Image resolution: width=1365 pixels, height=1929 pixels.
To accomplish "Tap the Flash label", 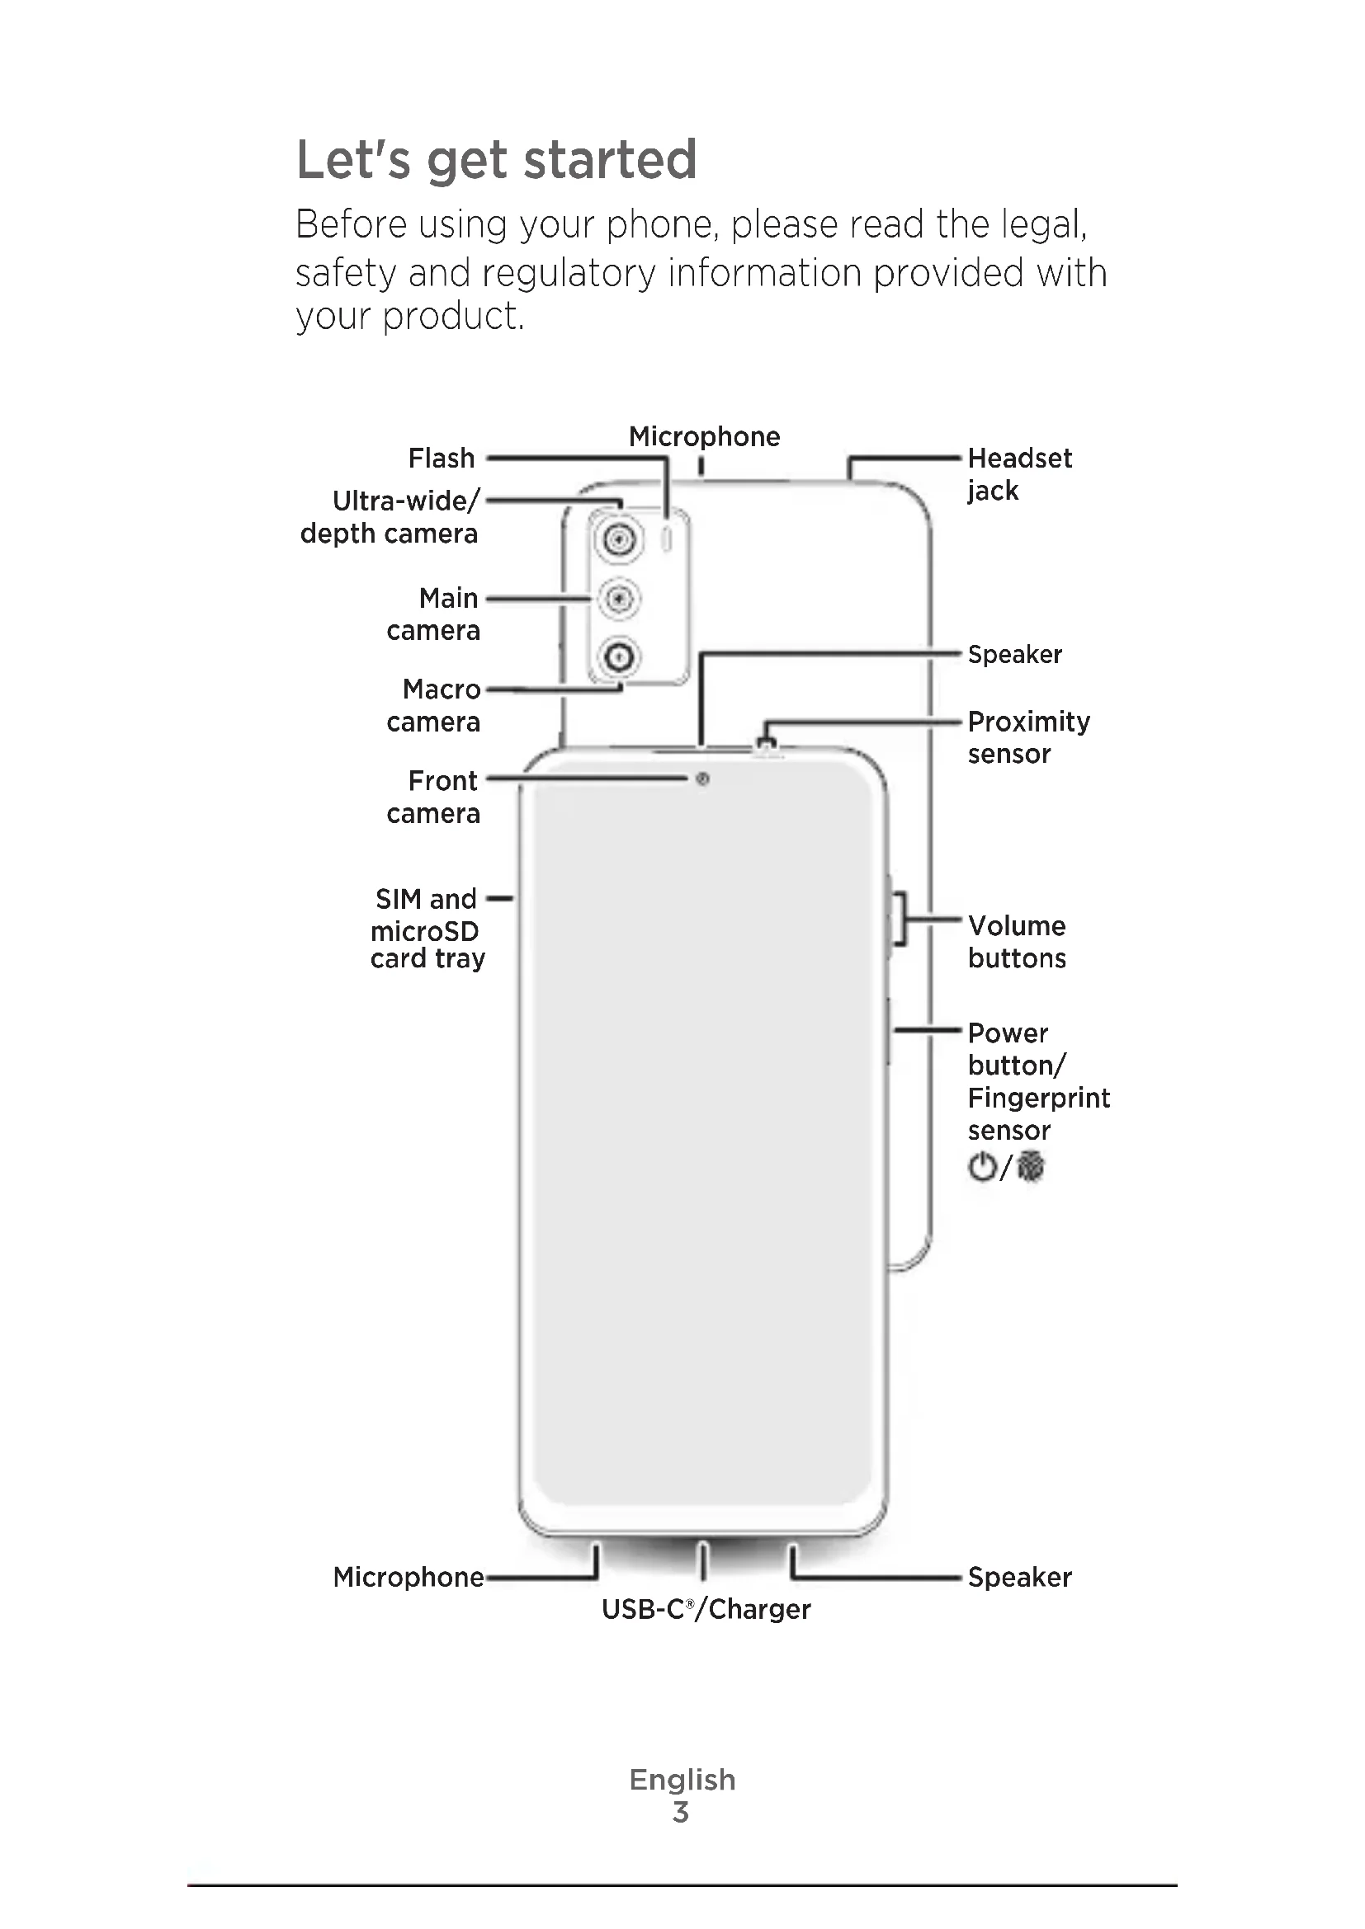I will [x=442, y=459].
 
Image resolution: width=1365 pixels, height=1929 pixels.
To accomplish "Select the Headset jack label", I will [x=1018, y=474].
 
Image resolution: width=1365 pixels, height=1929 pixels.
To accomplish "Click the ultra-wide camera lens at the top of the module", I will [x=620, y=539].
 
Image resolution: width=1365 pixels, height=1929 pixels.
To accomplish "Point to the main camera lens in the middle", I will [x=620, y=599].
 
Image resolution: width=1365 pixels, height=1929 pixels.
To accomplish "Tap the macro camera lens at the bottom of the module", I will [x=620, y=656].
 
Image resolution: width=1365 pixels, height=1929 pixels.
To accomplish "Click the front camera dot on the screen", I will [x=702, y=779].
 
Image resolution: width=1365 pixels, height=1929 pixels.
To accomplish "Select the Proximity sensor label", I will [x=1028, y=736].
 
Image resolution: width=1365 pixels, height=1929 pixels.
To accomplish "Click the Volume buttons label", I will [x=1016, y=942].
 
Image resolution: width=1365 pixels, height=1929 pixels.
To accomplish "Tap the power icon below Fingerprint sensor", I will [x=982, y=1167].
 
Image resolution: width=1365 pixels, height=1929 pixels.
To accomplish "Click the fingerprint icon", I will [x=1031, y=1167].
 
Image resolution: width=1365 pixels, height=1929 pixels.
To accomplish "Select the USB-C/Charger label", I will [x=706, y=1610].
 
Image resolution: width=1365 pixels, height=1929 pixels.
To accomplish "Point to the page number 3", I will [x=681, y=1812].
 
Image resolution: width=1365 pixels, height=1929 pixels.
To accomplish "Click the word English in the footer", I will [x=682, y=1780].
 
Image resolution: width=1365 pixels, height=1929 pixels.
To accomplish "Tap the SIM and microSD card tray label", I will [x=427, y=929].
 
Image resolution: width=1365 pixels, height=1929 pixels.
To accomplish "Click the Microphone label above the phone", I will [x=704, y=437].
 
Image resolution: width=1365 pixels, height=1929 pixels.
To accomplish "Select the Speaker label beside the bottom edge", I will [x=1018, y=1578].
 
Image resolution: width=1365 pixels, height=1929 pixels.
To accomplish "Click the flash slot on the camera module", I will [x=668, y=540].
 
